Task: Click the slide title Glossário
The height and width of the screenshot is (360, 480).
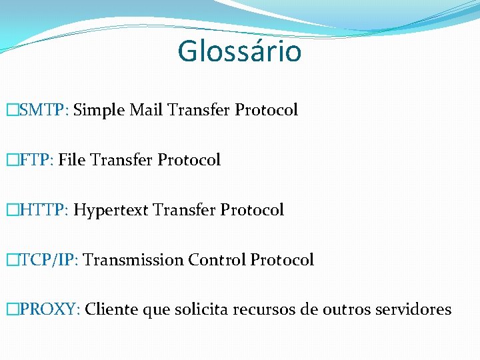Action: pos(239,51)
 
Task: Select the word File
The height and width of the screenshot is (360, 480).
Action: pos(72,160)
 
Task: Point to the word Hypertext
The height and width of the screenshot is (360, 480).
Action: pos(111,211)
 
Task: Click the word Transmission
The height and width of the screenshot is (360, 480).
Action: pos(133,260)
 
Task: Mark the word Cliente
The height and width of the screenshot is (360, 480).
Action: pos(111,310)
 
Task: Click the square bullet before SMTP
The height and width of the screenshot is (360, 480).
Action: pos(10,110)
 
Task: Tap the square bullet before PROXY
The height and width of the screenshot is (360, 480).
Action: pos(10,310)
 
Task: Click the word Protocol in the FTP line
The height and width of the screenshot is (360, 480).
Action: pos(189,160)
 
